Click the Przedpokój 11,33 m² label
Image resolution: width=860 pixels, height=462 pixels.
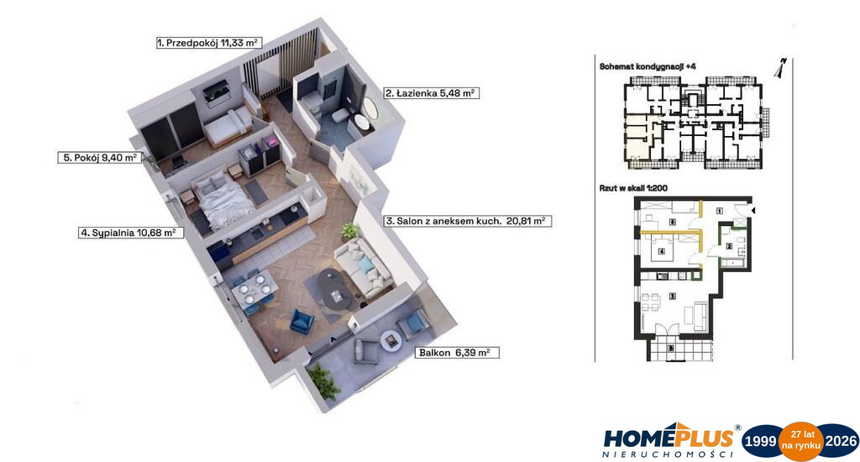(208, 43)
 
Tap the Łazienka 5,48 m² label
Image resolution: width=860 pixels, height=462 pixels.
(431, 93)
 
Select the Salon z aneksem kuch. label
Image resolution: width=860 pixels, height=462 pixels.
(443, 221)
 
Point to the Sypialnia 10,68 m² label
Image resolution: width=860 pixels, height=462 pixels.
(130, 233)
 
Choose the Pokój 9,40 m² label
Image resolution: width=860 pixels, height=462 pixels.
(99, 157)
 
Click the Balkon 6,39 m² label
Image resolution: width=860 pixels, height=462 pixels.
(456, 353)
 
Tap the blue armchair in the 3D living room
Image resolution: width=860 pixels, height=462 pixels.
(302, 321)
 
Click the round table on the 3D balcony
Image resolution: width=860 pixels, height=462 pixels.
(391, 339)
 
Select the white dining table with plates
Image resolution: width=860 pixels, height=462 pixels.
(252, 291)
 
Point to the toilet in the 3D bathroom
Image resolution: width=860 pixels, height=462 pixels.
(339, 115)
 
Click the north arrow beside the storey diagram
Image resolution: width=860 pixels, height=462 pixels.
(780, 68)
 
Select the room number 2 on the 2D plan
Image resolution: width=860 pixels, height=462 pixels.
(729, 246)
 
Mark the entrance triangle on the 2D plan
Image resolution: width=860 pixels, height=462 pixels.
(752, 210)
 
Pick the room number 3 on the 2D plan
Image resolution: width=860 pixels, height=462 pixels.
(673, 297)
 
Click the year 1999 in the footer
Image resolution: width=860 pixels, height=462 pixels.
(760, 441)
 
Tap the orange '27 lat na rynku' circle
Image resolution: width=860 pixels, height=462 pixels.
(802, 441)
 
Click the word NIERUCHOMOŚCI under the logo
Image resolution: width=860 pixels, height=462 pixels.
(668, 454)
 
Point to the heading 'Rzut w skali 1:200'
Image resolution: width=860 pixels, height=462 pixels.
(633, 188)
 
